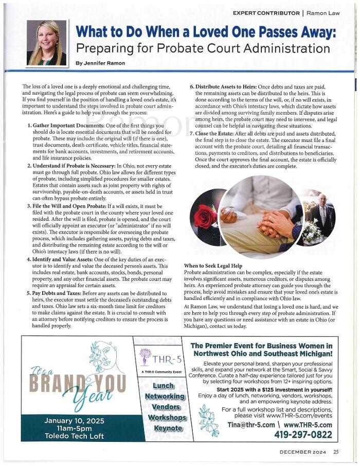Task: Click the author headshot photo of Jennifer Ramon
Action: click(x=46, y=43)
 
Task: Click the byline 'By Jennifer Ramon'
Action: click(x=100, y=63)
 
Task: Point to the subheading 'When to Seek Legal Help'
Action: click(x=213, y=265)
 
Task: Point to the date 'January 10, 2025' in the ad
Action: click(x=74, y=421)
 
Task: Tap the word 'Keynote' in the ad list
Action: click(x=165, y=428)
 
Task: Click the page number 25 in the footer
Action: click(x=335, y=453)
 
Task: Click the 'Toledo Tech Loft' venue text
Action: click(x=74, y=436)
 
